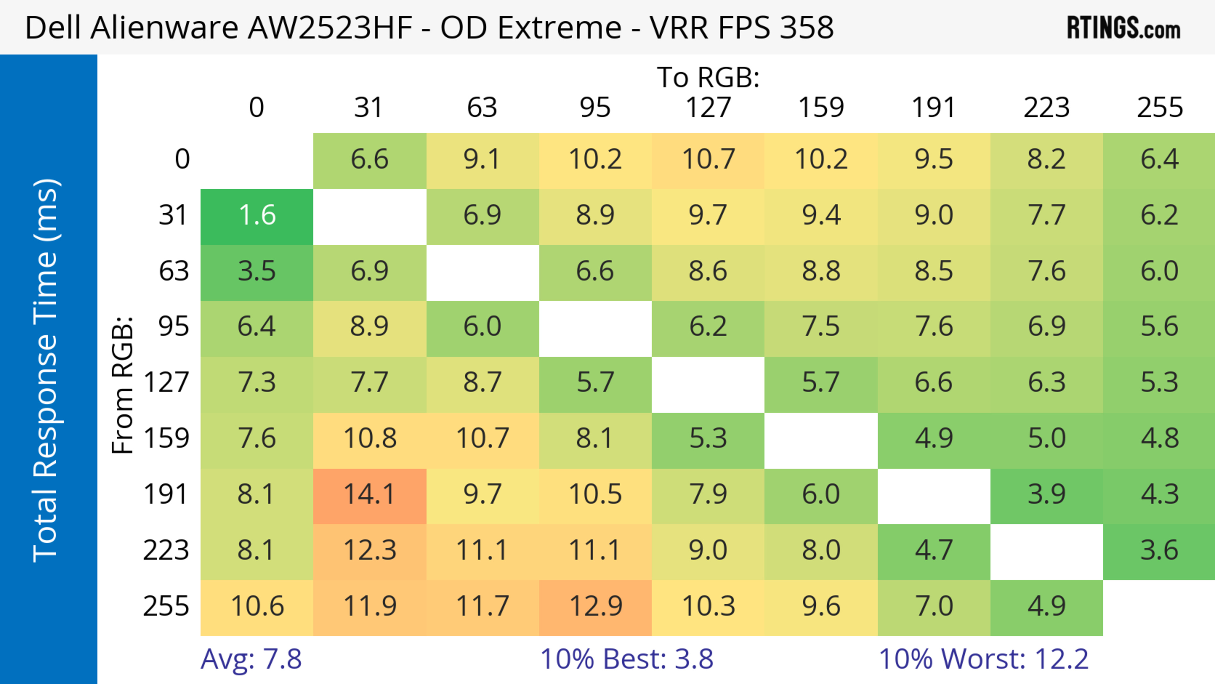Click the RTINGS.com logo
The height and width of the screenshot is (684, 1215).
pos(1124,28)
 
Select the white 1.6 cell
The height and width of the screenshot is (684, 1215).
pos(257,216)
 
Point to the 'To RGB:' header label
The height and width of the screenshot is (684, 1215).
pos(708,77)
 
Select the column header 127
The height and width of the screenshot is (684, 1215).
pos(708,108)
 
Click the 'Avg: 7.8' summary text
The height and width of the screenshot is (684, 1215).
pos(251,659)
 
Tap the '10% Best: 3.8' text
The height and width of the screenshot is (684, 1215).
pos(626,659)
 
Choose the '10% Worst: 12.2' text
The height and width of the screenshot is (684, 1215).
pos(983,659)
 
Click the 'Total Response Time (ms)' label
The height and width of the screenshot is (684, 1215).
pos(46,370)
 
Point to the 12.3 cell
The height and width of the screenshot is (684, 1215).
pos(369,550)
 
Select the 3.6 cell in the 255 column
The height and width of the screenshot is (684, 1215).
pos(1159,550)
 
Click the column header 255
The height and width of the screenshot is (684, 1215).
pos(1159,108)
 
